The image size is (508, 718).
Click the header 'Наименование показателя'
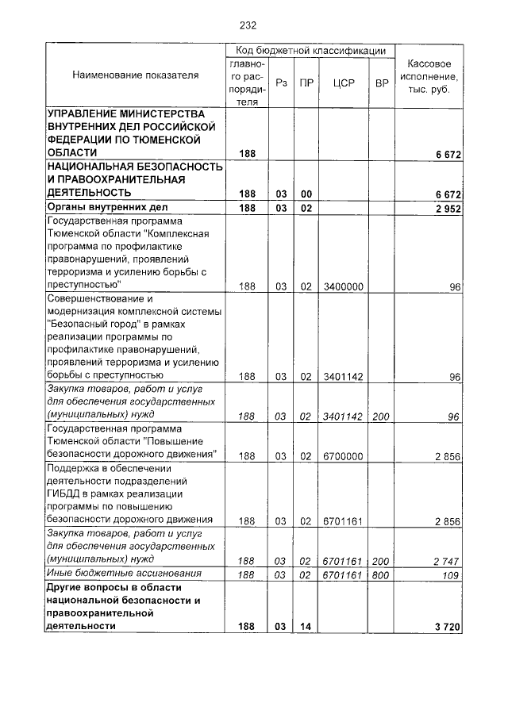[135, 75]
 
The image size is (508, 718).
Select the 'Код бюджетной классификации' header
[310, 50]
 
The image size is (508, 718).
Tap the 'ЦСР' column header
[343, 83]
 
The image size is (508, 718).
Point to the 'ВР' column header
[382, 83]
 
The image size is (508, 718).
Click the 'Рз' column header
[281, 83]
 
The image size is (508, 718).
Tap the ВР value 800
[381, 574]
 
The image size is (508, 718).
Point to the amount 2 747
[447, 561]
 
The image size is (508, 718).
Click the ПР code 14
[306, 627]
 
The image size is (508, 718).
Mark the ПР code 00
[306, 194]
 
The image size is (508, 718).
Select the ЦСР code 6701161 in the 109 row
[342, 574]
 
